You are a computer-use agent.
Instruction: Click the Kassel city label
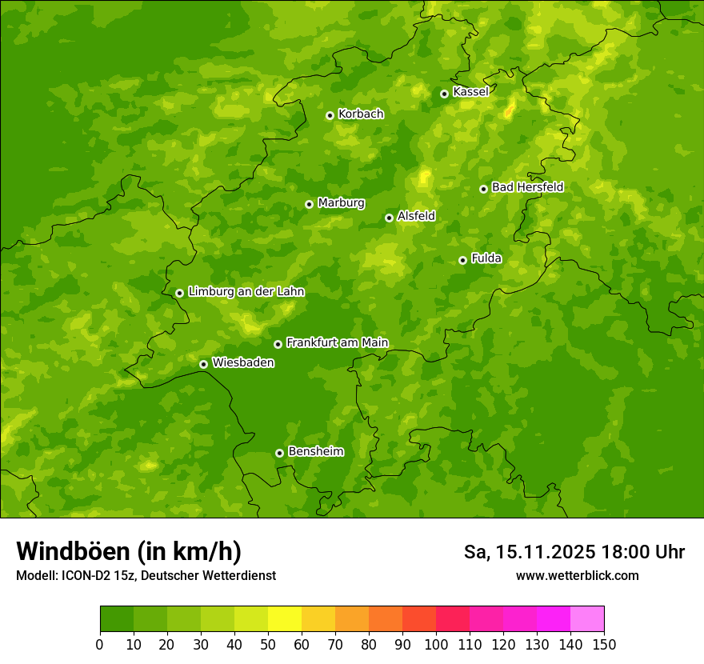(x=470, y=92)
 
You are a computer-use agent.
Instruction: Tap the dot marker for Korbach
(x=330, y=115)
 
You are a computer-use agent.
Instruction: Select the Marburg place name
(x=341, y=203)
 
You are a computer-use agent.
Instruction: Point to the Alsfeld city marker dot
(x=389, y=218)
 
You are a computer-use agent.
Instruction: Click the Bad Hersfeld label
(x=527, y=187)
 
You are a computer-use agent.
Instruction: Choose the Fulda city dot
(x=462, y=260)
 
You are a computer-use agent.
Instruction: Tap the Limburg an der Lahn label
(x=246, y=292)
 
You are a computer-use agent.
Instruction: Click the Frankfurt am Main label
(x=337, y=342)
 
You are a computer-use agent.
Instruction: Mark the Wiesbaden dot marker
(x=203, y=364)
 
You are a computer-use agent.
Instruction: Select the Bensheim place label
(x=315, y=451)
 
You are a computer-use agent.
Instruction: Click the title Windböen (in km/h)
(x=129, y=551)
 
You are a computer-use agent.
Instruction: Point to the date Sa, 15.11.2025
(x=529, y=552)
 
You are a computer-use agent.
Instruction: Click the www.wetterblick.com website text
(x=577, y=575)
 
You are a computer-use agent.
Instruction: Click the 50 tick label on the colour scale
(x=268, y=644)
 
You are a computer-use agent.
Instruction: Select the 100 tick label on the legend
(x=436, y=644)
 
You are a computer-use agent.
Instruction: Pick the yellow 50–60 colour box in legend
(x=285, y=618)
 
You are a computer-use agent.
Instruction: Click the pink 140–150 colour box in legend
(x=587, y=618)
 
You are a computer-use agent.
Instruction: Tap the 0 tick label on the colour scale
(x=100, y=644)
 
